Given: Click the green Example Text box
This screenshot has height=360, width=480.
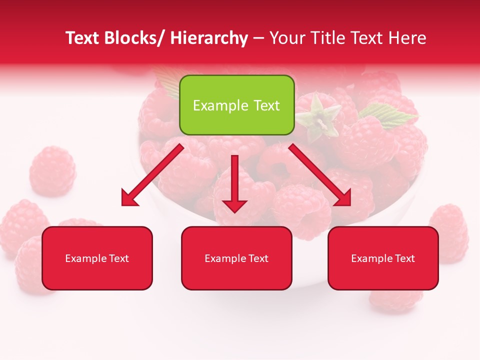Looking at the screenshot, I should pos(236,105).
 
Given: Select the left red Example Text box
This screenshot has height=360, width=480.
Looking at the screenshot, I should pos(97,258).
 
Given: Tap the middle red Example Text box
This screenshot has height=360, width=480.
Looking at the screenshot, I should pos(236,258).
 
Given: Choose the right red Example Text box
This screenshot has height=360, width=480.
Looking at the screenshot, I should pos(383,258).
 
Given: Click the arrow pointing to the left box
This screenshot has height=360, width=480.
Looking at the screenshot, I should pos(152,175).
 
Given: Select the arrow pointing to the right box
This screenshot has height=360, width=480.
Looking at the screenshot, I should pos(320,175).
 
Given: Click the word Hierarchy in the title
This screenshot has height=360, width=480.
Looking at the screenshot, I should pos(209,38).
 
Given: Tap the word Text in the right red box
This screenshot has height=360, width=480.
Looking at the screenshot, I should pos(404,258).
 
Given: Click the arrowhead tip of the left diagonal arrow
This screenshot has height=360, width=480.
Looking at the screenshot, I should pos(124,204).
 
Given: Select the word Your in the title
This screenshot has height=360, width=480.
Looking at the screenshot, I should pos(287,38).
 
